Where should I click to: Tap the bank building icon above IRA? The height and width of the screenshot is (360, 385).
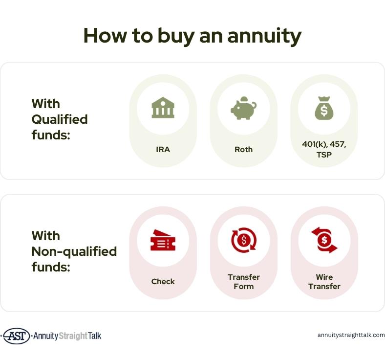pos(163,108)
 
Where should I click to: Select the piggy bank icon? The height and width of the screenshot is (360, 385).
pos(243,108)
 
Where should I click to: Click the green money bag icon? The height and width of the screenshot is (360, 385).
pos(324,108)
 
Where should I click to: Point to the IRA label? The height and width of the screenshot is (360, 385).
pos(163,149)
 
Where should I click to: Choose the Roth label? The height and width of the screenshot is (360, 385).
pos(243,149)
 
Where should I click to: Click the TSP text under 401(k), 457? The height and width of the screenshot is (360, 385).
pos(324,155)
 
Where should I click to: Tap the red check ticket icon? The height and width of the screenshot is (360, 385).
pos(163,240)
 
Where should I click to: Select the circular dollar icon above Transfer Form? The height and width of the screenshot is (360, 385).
pos(244,240)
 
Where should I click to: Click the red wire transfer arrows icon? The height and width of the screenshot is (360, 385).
pos(324,240)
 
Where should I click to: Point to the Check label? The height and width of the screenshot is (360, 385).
pos(163,282)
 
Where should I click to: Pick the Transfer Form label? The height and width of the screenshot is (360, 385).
pos(244,282)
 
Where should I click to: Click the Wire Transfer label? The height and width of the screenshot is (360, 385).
pos(324,282)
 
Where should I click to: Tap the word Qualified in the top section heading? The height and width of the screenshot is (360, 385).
pos(60,120)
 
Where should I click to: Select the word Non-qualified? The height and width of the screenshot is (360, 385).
pos(74,251)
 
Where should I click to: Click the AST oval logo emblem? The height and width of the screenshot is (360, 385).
pos(17,336)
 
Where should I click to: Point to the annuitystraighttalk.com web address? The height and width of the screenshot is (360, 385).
pos(351,335)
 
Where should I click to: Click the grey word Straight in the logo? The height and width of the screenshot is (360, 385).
pos(73,336)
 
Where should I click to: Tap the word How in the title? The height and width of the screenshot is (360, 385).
pos(105,36)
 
